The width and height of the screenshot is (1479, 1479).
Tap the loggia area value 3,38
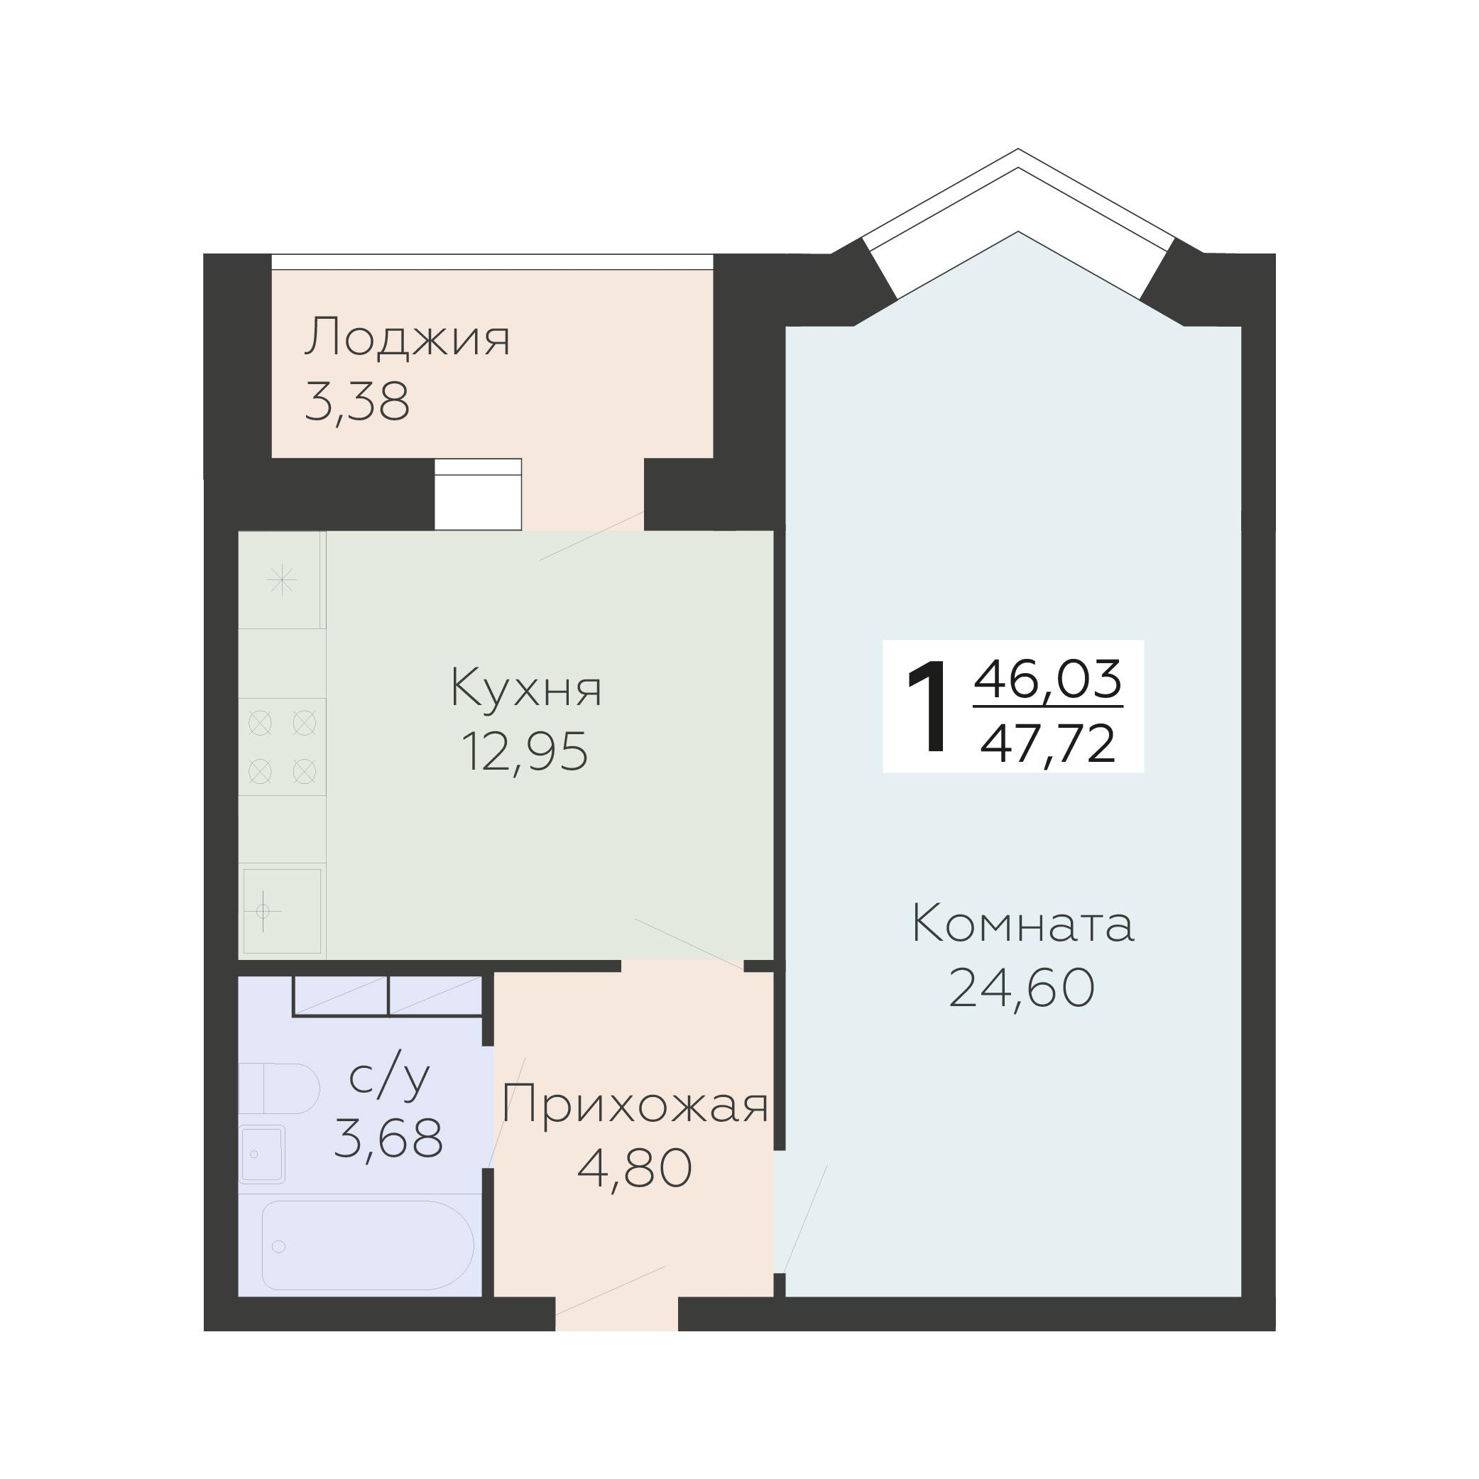356,402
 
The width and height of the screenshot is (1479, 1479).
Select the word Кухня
526,688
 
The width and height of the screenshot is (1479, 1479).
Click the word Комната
1022,924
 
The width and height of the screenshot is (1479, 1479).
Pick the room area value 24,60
1022,988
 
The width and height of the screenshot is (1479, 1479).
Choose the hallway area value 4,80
635,1169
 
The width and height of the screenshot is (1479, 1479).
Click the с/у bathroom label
389,1079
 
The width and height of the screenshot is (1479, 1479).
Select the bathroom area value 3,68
389,1138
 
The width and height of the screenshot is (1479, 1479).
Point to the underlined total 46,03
1048,679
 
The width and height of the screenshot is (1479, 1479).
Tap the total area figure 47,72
1048,744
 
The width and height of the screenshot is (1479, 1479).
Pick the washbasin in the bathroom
262,1154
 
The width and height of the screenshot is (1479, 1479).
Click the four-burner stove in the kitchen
283,746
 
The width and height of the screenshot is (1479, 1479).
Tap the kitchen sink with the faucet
282,911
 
